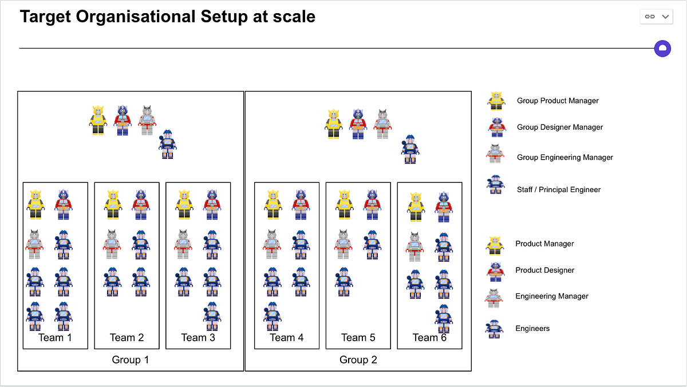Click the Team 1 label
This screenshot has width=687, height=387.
tap(55, 337)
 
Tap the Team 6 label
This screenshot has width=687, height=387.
tap(429, 337)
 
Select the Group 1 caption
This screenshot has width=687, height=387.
tap(131, 360)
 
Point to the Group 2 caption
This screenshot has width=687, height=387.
tap(358, 360)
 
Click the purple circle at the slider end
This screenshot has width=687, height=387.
tap(662, 49)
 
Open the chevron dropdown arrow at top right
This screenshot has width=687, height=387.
tap(665, 17)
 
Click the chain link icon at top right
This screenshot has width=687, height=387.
tap(650, 17)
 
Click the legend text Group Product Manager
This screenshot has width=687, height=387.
tap(558, 101)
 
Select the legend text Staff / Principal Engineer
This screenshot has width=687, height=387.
tap(559, 190)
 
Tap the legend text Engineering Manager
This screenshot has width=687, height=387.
tap(552, 296)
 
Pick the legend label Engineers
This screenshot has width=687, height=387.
tap(532, 329)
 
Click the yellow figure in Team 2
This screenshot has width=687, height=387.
tap(113, 205)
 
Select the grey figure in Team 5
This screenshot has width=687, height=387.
tap(343, 244)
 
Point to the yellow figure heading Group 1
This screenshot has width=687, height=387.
tap(98, 120)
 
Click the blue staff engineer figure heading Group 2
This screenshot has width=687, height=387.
tap(410, 149)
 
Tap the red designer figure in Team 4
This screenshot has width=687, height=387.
tap(301, 205)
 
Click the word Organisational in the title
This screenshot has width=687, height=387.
tap(136, 17)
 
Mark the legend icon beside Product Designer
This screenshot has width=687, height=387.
tap(495, 272)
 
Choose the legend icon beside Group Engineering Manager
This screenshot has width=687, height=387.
tap(495, 154)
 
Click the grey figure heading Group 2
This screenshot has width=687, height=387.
tap(382, 124)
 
